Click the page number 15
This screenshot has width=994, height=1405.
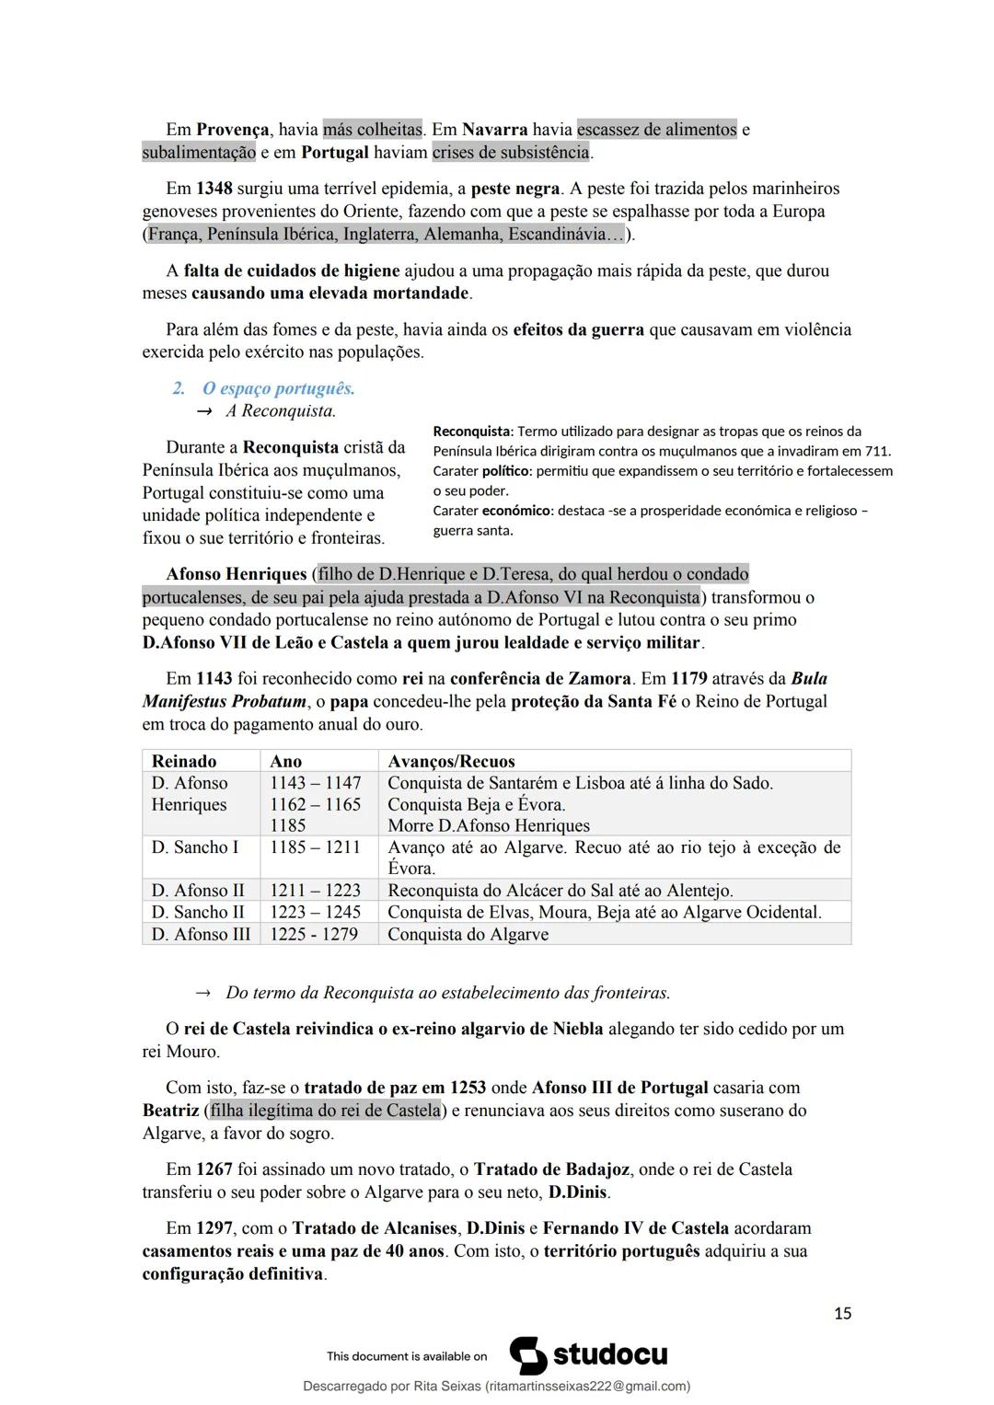842,1313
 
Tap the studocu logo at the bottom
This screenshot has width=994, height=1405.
589,1355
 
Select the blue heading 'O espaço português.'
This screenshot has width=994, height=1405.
278,388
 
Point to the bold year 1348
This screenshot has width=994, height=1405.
214,189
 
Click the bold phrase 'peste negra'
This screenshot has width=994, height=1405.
514,189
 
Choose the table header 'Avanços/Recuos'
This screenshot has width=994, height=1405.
451,761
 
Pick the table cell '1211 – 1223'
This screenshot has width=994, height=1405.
315,891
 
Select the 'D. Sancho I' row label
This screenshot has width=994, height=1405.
195,847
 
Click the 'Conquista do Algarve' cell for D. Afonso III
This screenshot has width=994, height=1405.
468,934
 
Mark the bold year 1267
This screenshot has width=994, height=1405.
214,1169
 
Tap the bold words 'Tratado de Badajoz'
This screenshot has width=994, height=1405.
551,1169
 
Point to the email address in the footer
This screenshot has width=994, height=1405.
587,1386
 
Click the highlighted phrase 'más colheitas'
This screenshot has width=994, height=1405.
372,130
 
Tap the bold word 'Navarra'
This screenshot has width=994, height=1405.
495,130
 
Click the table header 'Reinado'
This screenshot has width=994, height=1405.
184,761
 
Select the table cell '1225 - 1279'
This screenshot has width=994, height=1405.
314,934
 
